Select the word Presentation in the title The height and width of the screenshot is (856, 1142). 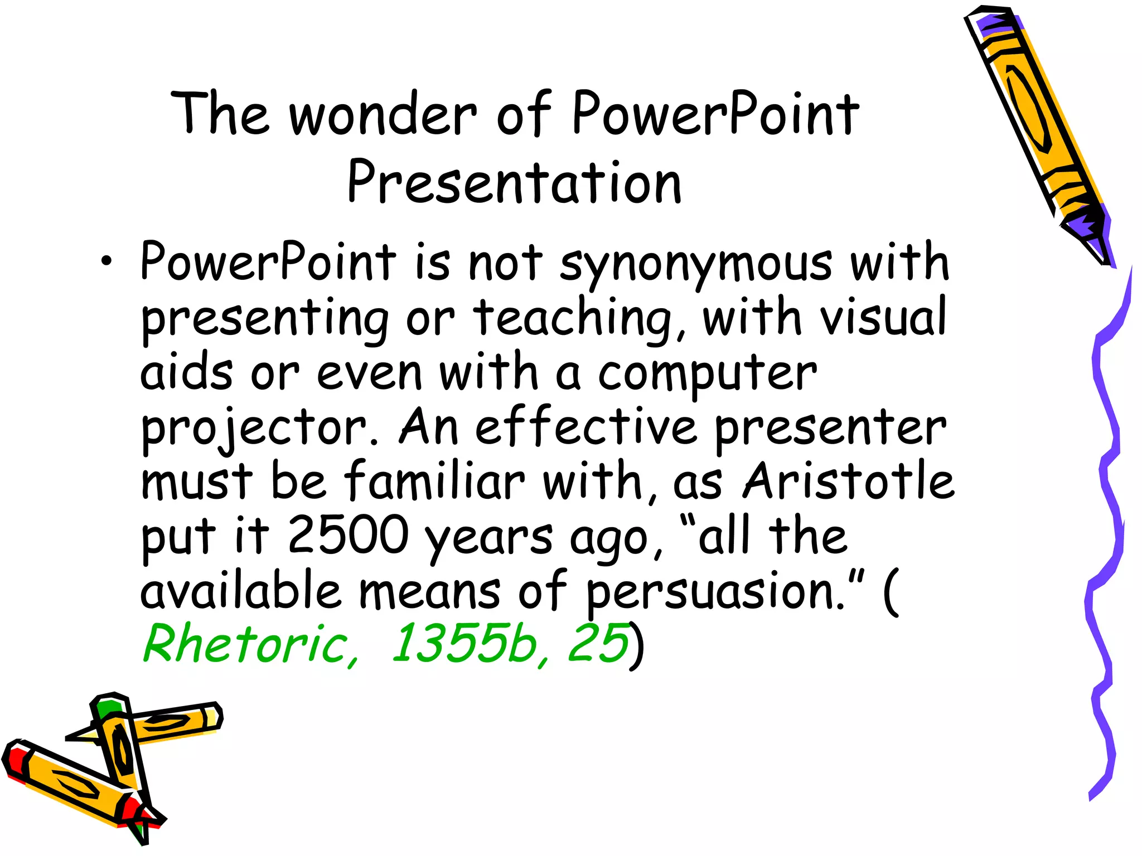click(514, 182)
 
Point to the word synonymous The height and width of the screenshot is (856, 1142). click(696, 263)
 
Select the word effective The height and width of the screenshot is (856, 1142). click(586, 426)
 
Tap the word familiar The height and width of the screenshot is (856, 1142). click(434, 480)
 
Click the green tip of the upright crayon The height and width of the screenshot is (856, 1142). click(108, 707)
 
